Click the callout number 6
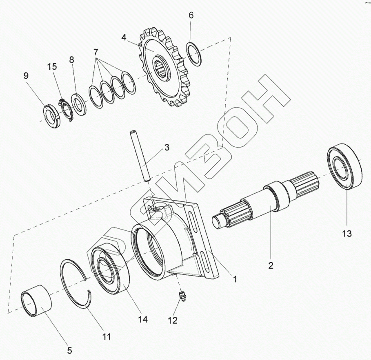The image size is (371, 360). pyautogui.click(x=191, y=16)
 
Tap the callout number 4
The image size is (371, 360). pyautogui.click(x=124, y=38)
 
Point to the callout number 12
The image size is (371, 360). pyautogui.click(x=173, y=320)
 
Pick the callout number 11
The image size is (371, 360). pyautogui.click(x=107, y=337)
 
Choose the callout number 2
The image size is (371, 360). pyautogui.click(x=270, y=266)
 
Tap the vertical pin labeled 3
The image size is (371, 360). pyautogui.click(x=140, y=155)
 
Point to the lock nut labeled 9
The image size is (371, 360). pyautogui.click(x=52, y=116)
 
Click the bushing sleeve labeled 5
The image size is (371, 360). pyautogui.click(x=37, y=303)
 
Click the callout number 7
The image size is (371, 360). pyautogui.click(x=96, y=53)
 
